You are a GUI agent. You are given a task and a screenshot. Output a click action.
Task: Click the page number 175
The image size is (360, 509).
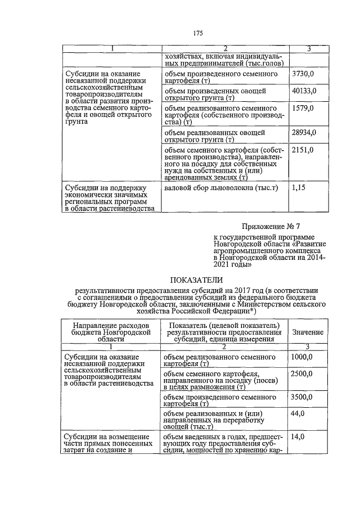click(197, 33)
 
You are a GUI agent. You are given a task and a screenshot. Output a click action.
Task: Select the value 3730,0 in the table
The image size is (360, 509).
click(303, 74)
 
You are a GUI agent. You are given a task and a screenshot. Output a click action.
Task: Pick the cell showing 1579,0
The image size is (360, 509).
click(303, 107)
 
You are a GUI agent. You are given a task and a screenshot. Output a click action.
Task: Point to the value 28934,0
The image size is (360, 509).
click(305, 133)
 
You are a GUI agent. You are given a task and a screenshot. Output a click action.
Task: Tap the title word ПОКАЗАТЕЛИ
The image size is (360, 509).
click(197, 280)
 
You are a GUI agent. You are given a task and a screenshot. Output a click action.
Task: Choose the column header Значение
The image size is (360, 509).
click(307, 332)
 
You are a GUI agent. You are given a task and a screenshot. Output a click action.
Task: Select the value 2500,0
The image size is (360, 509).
click(303, 374)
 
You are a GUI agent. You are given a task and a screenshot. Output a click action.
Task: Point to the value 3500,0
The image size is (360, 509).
click(303, 397)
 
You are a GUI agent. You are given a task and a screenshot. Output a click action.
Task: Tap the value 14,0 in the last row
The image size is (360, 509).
click(298, 436)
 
